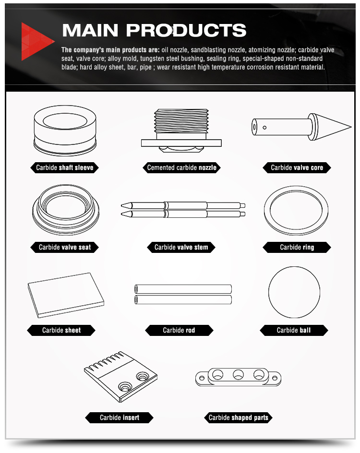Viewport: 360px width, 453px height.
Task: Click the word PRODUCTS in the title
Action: (186, 30)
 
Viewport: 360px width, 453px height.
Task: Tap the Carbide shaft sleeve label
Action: (64, 167)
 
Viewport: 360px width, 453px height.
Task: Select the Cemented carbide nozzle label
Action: (182, 167)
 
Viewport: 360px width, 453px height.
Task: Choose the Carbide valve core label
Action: (297, 167)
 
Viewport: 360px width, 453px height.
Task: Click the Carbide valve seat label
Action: (64, 247)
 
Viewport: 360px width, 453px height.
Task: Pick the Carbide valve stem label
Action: (181, 247)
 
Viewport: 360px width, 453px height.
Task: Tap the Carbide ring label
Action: (297, 247)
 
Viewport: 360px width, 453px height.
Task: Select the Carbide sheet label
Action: (61, 330)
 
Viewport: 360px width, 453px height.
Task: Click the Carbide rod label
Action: (179, 330)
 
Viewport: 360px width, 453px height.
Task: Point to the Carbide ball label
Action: (294, 330)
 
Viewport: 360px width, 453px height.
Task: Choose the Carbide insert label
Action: (120, 417)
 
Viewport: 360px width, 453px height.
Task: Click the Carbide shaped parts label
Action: (239, 417)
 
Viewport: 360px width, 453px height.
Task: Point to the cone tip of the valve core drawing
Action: (351, 127)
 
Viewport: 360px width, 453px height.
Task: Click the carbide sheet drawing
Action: (66, 295)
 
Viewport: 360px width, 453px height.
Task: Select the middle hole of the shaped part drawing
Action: (239, 375)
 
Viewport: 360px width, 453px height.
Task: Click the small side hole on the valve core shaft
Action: (264, 128)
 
